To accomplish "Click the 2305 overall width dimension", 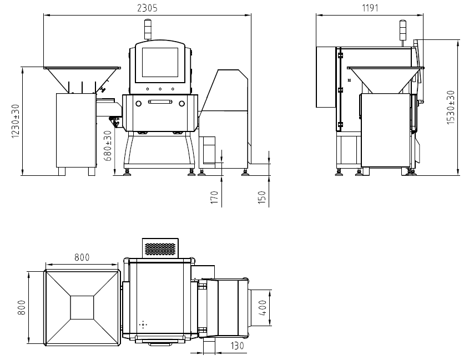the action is pyautogui.click(x=147, y=8).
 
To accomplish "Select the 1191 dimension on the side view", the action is pyautogui.click(x=370, y=8).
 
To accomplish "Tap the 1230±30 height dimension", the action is pyautogui.click(x=16, y=121).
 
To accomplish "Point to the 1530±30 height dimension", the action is pyautogui.click(x=451, y=107).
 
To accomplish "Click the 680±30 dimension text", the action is pyautogui.click(x=108, y=145).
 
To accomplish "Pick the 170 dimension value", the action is pyautogui.click(x=214, y=197).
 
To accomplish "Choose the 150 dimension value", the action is pyautogui.click(x=262, y=197).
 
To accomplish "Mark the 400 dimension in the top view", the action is pyautogui.click(x=263, y=308).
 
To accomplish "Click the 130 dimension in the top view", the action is pyautogui.click(x=237, y=346).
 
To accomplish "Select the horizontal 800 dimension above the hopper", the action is pyautogui.click(x=82, y=257).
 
